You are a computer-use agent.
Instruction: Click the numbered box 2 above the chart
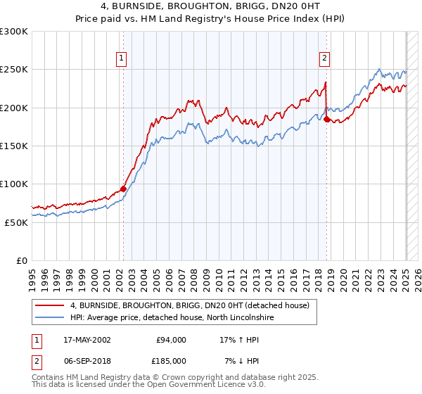[x=325, y=59]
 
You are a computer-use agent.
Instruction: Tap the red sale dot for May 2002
[x=123, y=189]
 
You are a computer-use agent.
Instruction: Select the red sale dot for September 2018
[x=326, y=120]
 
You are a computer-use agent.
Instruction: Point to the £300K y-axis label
[x=14, y=32]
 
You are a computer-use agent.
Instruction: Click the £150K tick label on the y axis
[x=14, y=146]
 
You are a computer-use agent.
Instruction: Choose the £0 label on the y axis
[x=21, y=260]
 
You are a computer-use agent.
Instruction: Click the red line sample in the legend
[x=49, y=305]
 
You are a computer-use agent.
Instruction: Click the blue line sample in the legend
[x=49, y=318]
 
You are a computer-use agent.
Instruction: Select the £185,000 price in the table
[x=172, y=360]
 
